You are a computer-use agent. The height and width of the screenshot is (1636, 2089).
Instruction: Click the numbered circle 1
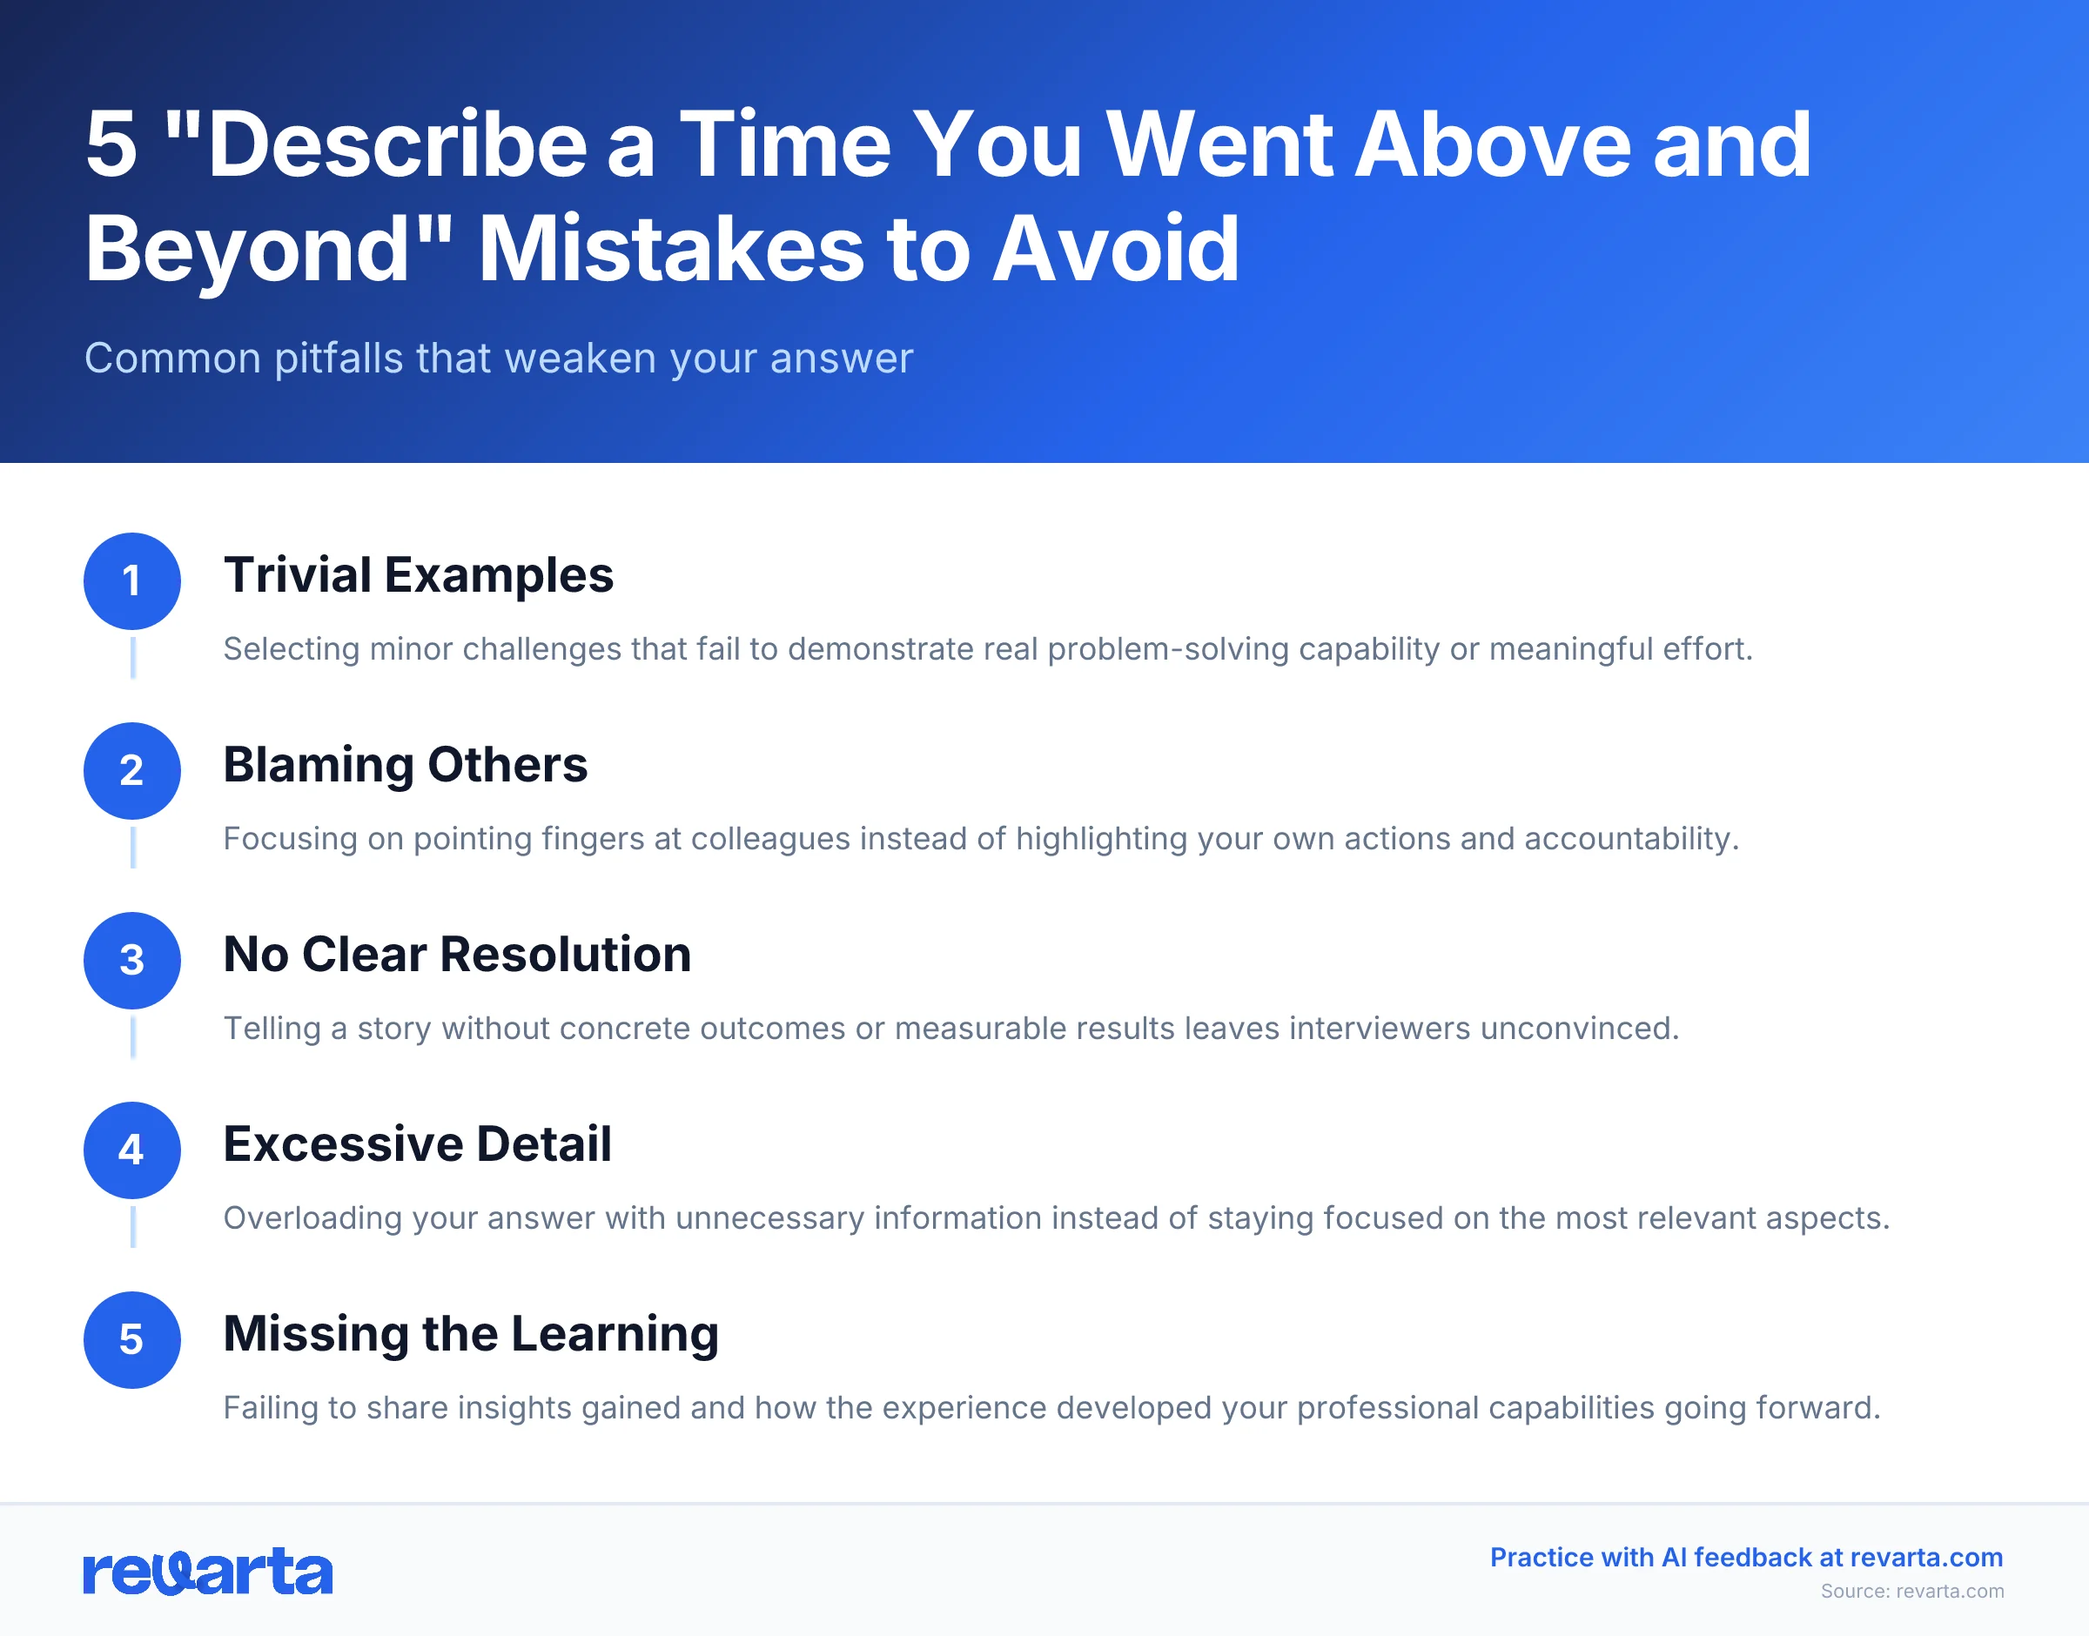pyautogui.click(x=132, y=580)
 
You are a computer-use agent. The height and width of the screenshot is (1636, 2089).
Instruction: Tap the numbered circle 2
pyautogui.click(x=132, y=770)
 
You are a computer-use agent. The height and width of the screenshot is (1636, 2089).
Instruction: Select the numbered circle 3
pyautogui.click(x=132, y=960)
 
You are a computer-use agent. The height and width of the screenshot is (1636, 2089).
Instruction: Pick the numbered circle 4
pyautogui.click(x=132, y=1150)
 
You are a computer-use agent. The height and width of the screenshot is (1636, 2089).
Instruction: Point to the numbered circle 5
pyautogui.click(x=132, y=1339)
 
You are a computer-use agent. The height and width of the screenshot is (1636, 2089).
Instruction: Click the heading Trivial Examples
pyautogui.click(x=418, y=574)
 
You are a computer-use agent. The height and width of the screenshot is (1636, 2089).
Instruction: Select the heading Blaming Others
pyautogui.click(x=405, y=764)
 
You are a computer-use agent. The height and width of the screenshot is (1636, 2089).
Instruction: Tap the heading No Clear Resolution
pyautogui.click(x=457, y=954)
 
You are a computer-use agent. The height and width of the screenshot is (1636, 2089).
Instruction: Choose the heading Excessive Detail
pyautogui.click(x=417, y=1143)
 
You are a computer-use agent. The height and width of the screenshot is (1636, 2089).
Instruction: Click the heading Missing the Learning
pyautogui.click(x=470, y=1333)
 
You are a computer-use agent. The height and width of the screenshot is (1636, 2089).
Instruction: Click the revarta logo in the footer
pyautogui.click(x=208, y=1572)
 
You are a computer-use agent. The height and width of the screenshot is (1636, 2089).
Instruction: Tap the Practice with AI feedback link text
pyautogui.click(x=1745, y=1558)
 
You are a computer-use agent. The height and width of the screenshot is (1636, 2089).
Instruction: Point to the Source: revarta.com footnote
pyautogui.click(x=1911, y=1591)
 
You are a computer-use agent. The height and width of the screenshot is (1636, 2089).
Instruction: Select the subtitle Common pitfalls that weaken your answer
pyautogui.click(x=498, y=359)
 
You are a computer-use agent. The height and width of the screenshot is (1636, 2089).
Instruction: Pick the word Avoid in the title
pyautogui.click(x=1116, y=249)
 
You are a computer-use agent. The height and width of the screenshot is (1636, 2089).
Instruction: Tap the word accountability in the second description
pyautogui.click(x=1630, y=838)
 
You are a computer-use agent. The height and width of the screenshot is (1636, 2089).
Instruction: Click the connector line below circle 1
pyautogui.click(x=132, y=657)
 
